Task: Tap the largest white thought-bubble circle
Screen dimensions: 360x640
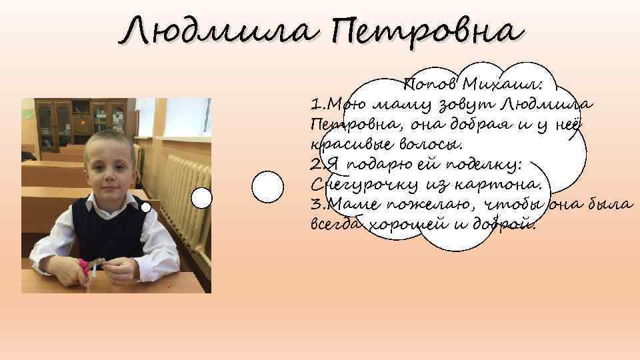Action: coord(269,186)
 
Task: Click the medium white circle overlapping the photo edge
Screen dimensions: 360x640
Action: coord(201,198)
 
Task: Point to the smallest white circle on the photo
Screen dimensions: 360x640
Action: coord(146,207)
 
